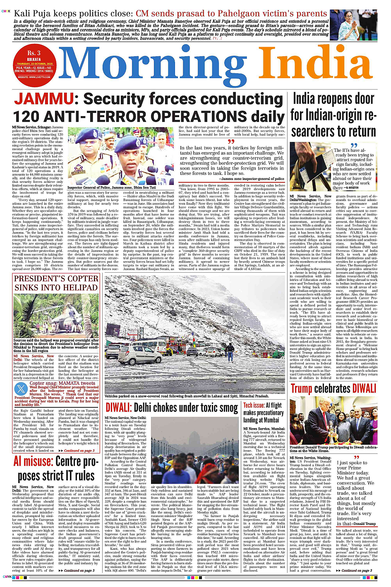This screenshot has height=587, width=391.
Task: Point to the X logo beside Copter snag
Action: point(21,388)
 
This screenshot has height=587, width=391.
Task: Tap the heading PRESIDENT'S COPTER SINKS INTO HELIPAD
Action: point(56,283)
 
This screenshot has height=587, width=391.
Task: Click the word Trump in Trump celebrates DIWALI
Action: point(301,388)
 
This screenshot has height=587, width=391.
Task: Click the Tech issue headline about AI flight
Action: point(264,412)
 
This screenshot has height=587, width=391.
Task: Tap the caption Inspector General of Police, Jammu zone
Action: point(112,187)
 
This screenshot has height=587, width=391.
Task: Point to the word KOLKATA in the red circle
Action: point(34,59)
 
